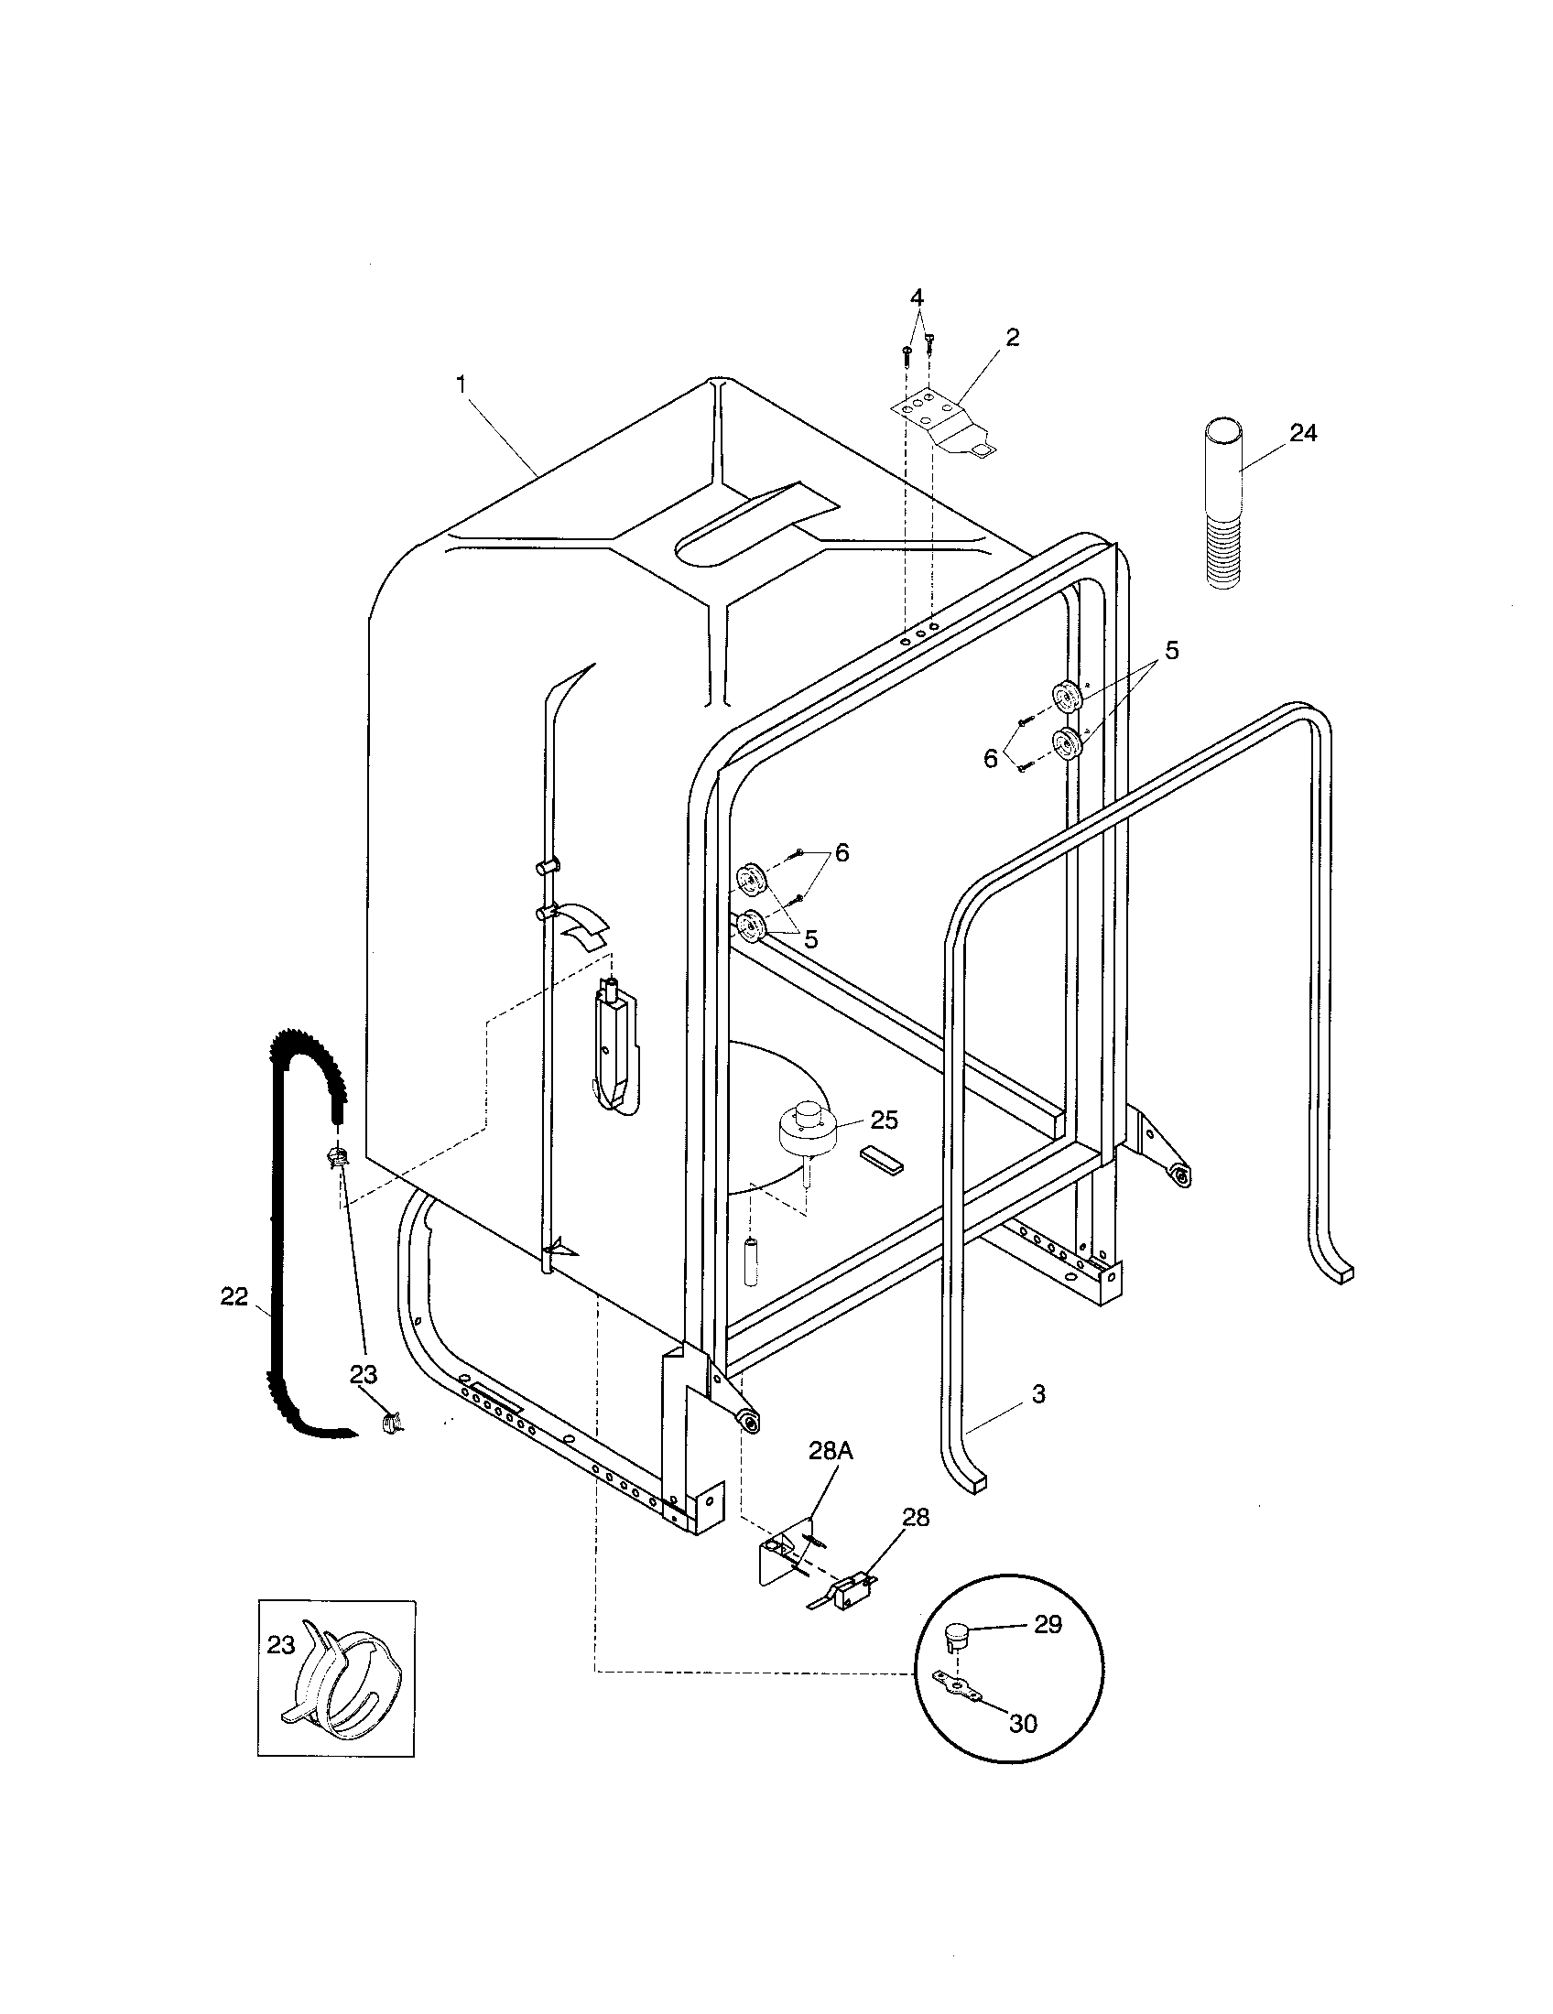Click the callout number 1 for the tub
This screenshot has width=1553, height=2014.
coord(462,384)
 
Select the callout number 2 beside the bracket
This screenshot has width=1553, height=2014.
coord(1012,338)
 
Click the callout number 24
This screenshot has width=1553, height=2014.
coord(1302,432)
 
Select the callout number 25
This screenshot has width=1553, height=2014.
coord(884,1120)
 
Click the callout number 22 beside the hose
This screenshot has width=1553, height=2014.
coord(234,1296)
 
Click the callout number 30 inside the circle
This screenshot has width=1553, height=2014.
coord(1023,1723)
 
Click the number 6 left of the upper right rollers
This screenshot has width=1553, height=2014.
coord(991,759)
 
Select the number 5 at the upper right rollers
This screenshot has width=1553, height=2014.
coord(1171,650)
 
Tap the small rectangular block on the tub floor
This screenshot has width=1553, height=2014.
coord(884,1158)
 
